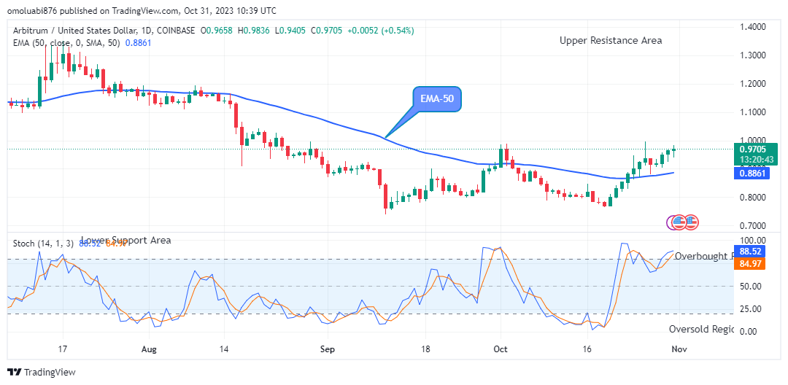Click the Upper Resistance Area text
611,41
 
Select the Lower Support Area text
125,240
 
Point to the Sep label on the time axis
327,349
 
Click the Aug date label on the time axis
149,349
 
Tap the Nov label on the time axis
678,349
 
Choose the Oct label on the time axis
501,349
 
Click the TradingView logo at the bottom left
42,373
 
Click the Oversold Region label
701,330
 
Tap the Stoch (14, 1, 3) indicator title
42,243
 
